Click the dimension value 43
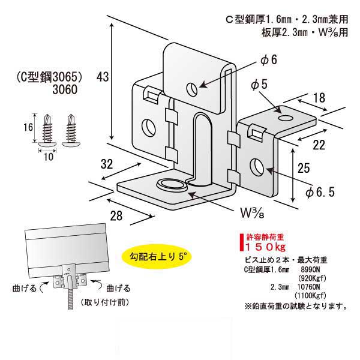[103, 76]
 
